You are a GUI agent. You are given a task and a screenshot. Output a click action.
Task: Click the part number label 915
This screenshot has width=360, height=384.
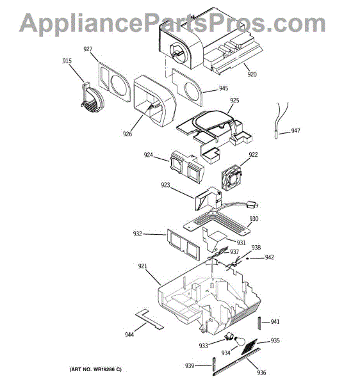(x=67, y=61)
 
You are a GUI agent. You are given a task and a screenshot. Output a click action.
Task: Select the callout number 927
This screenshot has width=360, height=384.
(x=88, y=49)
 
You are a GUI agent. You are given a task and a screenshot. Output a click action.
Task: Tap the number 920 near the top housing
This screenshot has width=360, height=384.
(x=252, y=74)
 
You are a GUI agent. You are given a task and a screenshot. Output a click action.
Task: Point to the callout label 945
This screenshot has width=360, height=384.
(x=224, y=88)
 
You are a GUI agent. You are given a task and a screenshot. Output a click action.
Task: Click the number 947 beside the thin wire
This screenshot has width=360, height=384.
(x=295, y=131)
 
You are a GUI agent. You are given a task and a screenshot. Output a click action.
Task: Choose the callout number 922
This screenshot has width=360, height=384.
(x=253, y=155)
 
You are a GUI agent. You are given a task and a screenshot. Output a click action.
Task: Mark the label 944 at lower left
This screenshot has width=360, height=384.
(x=129, y=334)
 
